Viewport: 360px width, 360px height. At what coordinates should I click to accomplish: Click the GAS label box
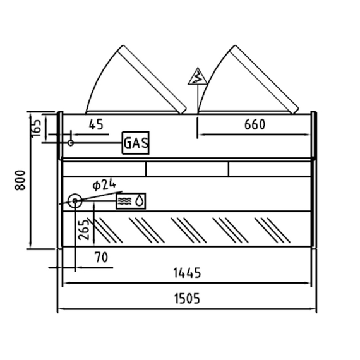(x=135, y=143)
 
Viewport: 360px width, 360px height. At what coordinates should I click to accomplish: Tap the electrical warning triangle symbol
(x=198, y=76)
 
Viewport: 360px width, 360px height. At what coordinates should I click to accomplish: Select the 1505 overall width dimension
(x=187, y=299)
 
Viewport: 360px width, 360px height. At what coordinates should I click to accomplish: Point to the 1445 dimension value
(x=187, y=273)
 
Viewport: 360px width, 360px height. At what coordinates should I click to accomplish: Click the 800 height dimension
(x=20, y=180)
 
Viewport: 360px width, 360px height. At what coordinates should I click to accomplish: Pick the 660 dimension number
(x=255, y=124)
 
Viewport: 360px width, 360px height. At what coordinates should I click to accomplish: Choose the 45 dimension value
(x=96, y=124)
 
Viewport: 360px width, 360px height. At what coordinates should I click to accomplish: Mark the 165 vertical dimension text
(x=36, y=129)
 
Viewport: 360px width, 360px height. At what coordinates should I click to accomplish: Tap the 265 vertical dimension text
(x=83, y=230)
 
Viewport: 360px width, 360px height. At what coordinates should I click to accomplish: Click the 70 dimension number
(x=101, y=258)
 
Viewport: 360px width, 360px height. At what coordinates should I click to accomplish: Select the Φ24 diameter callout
(x=104, y=185)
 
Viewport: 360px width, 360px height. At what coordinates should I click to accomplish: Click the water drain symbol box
(x=131, y=201)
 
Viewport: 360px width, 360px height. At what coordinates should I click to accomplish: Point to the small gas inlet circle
(x=71, y=143)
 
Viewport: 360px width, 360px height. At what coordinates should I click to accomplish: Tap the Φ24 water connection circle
(x=75, y=201)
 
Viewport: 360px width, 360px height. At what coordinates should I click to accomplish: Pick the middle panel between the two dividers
(x=187, y=169)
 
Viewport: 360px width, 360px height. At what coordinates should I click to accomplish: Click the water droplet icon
(x=140, y=200)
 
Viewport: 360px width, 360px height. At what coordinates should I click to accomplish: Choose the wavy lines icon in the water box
(x=124, y=201)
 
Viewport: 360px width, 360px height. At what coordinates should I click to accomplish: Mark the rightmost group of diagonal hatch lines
(x=272, y=231)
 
